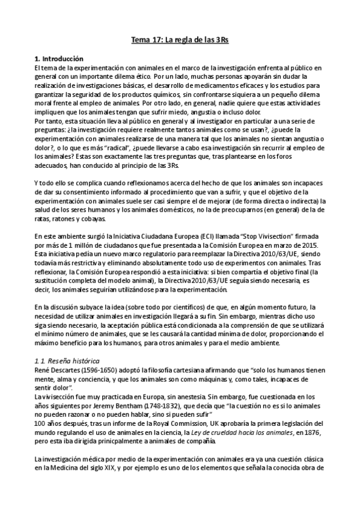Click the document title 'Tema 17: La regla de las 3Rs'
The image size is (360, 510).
(180, 40)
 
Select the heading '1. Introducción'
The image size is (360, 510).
(59, 58)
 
